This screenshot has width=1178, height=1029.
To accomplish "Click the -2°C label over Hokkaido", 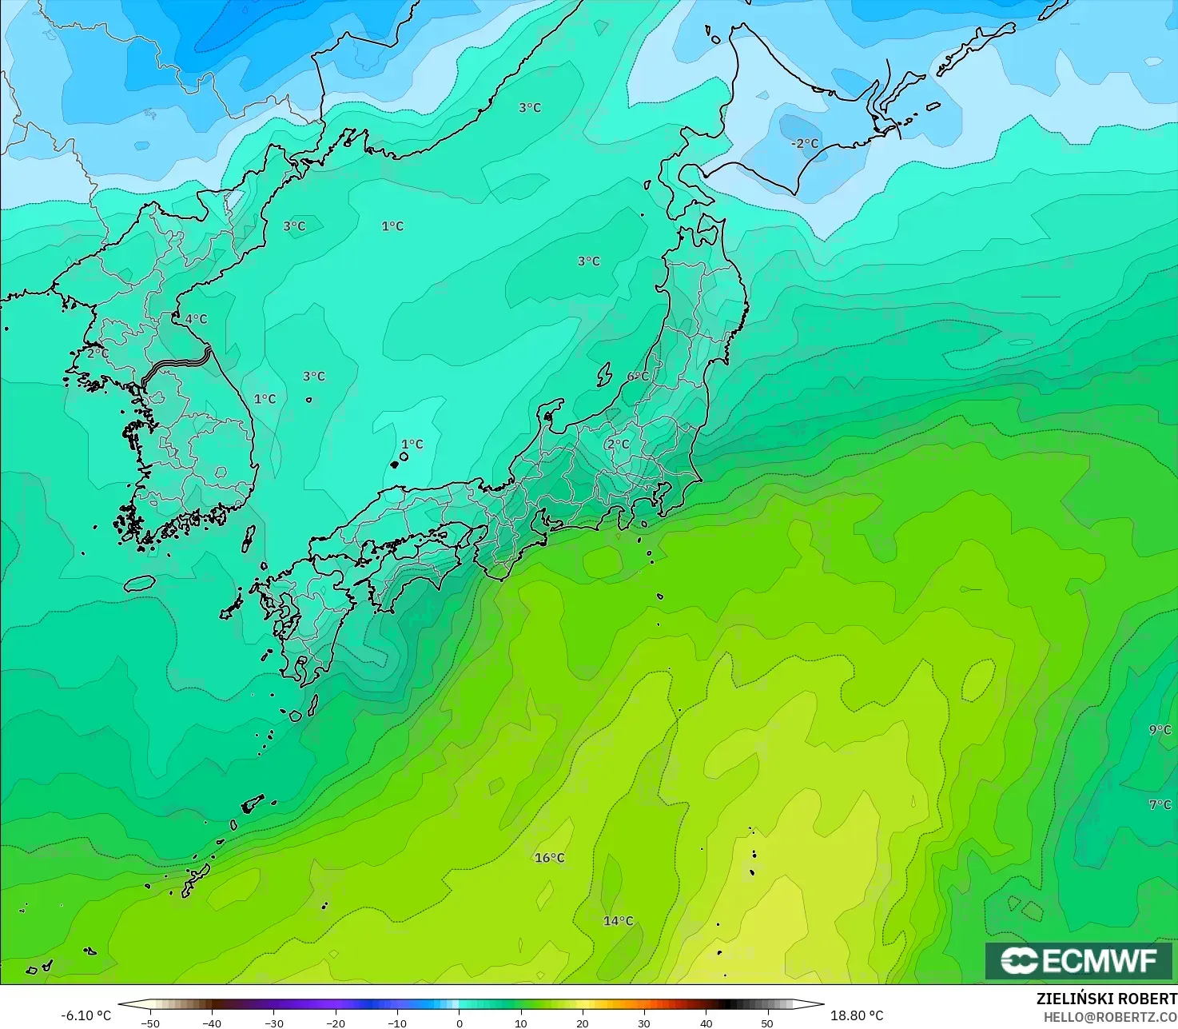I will tap(805, 144).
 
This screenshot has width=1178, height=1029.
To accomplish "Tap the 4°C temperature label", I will tap(196, 319).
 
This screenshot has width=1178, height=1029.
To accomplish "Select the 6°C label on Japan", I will tap(638, 377).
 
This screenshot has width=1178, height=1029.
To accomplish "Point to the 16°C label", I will tap(549, 858).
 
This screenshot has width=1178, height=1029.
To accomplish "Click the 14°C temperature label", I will tap(618, 921).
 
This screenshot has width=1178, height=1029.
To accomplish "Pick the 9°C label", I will tap(1160, 730).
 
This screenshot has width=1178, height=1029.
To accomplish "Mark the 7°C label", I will tap(1160, 805).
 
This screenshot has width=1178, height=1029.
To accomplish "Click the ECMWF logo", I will tap(1078, 960).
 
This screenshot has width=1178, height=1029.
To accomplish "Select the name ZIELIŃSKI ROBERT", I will tap(1106, 999).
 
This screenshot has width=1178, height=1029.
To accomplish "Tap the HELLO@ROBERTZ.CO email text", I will tap(1110, 1016).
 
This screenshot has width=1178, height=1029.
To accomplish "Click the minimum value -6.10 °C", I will tap(86, 1015).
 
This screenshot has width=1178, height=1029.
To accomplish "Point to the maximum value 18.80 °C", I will tap(857, 1015).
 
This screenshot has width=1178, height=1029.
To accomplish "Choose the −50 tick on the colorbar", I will tap(149, 1023).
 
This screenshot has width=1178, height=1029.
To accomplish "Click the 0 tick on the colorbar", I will tap(459, 1023).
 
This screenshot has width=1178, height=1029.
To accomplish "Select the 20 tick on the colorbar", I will tap(583, 1023).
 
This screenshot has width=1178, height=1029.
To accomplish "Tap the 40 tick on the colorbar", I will tap(706, 1023).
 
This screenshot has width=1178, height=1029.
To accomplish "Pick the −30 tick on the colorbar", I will tap(273, 1023).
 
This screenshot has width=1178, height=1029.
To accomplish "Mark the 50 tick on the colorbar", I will tap(767, 1023).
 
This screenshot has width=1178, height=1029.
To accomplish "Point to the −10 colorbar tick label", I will tap(397, 1023).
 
